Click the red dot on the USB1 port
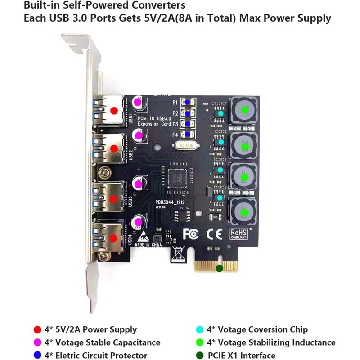tap(114, 110)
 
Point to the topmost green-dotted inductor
tap(245, 110)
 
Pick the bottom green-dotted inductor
tap(245, 211)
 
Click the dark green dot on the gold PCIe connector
tap(219, 269)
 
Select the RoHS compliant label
tap(238, 233)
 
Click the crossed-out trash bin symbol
tap(177, 255)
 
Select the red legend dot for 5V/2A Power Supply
tap(38, 329)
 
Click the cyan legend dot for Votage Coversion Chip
tap(200, 329)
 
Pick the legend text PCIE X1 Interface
tap(241, 355)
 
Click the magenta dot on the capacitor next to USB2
tap(139, 135)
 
